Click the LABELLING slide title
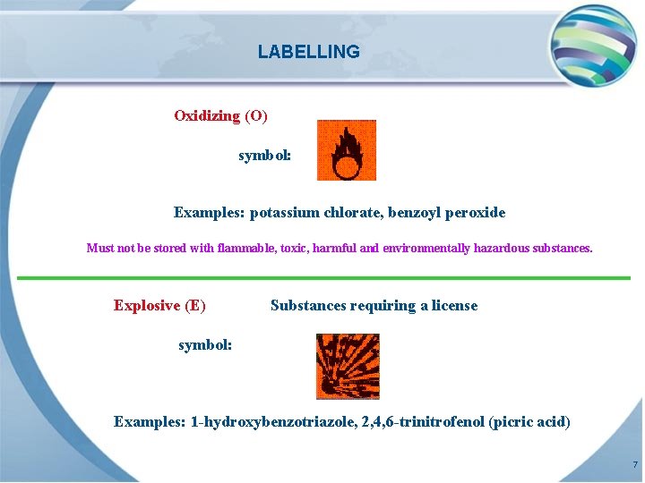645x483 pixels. (308, 52)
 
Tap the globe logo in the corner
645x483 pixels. (593, 45)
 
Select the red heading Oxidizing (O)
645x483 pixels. (220, 115)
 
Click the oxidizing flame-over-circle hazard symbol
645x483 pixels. (347, 150)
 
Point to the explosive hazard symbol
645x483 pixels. (348, 366)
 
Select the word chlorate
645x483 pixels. (351, 213)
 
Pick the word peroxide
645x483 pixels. (475, 213)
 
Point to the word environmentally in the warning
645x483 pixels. (426, 248)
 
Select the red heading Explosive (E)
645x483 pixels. (159, 306)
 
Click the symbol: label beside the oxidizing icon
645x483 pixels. (264, 156)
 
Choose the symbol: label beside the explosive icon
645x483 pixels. (205, 344)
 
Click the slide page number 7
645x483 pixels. (635, 465)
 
